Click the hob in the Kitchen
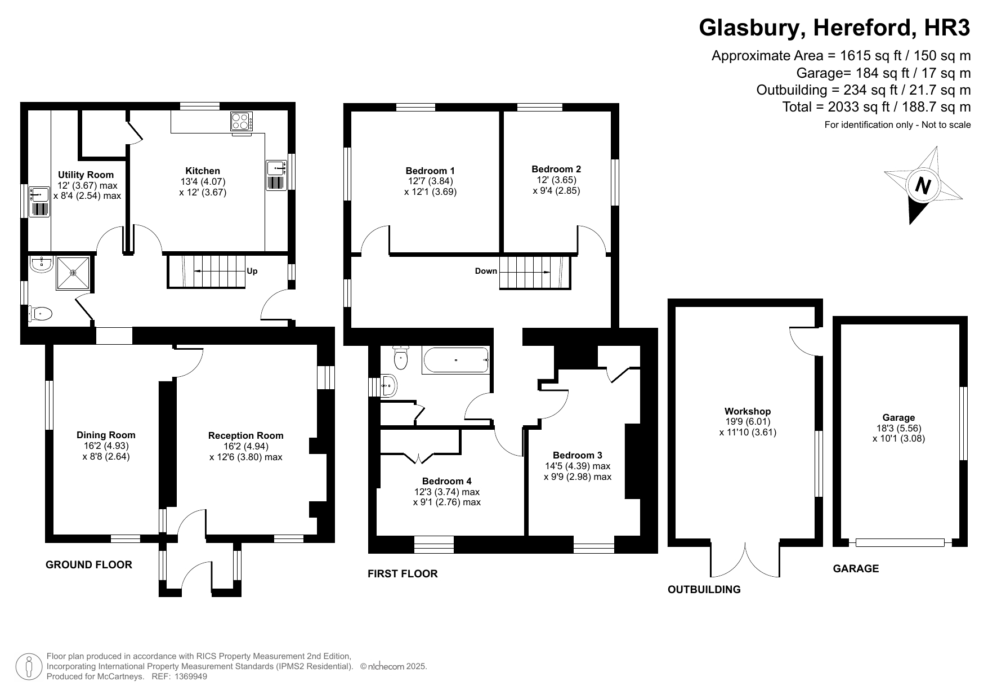tap(242, 121)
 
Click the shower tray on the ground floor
tap(73, 273)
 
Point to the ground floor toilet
tap(41, 314)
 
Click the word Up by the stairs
tap(252, 271)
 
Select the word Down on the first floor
tap(486, 271)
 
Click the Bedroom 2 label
tap(556, 169)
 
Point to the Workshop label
tap(748, 411)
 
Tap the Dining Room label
tap(106, 435)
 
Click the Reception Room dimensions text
tap(245, 452)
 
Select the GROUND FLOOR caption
tap(89, 565)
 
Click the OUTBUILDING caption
tap(704, 590)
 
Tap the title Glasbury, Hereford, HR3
tap(834, 28)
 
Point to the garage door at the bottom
tap(900, 542)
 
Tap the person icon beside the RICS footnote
tap(29, 667)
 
